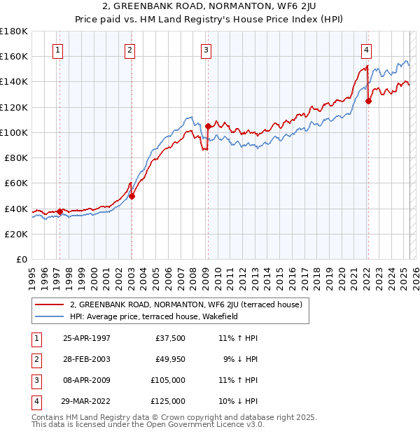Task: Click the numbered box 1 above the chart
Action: click(x=57, y=50)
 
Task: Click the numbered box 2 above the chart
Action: click(x=130, y=50)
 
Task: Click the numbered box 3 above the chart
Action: click(x=206, y=50)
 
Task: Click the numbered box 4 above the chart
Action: click(x=366, y=50)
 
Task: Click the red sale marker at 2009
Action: click(x=208, y=126)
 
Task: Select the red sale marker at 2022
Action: click(x=368, y=101)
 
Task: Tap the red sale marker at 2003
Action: click(x=132, y=196)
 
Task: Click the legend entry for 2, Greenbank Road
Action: click(x=185, y=304)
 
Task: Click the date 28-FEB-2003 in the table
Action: click(x=86, y=359)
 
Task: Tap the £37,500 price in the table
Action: click(x=171, y=338)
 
